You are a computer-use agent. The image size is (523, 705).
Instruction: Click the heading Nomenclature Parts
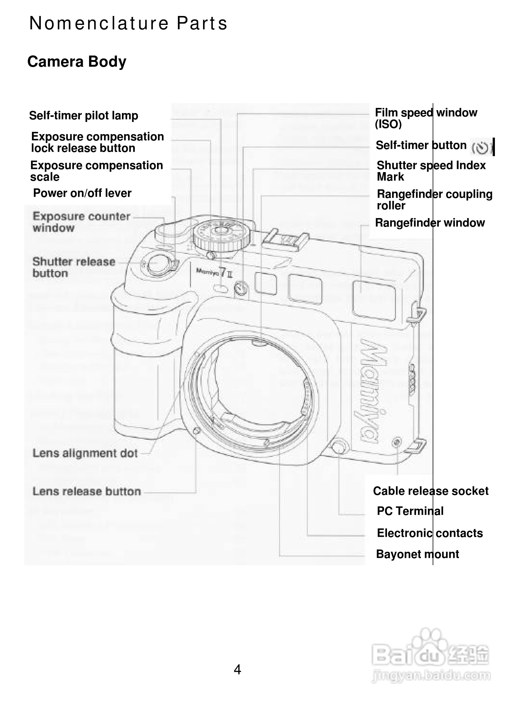[x=128, y=23]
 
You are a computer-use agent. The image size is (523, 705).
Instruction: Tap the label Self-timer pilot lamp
[x=83, y=116]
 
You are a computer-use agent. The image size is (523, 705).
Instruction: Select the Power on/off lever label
[x=82, y=193]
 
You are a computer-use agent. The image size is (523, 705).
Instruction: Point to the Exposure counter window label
[x=81, y=222]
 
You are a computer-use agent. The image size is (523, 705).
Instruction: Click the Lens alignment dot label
[x=85, y=453]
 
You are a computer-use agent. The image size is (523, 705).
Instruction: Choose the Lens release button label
[x=87, y=491]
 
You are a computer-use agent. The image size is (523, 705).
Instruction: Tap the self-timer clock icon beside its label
[x=480, y=148]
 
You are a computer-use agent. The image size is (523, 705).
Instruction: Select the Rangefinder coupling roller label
[x=434, y=200]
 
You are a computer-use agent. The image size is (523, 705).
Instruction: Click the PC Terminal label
[x=410, y=511]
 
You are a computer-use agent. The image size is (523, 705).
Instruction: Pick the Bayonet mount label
[x=417, y=554]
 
